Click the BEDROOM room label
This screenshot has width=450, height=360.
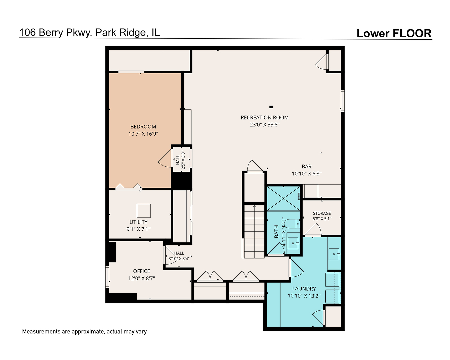[x=143, y=127]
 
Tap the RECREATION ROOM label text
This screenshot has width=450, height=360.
[x=265, y=118]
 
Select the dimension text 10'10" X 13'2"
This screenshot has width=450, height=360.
[x=304, y=296]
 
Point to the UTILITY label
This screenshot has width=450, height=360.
[x=138, y=222]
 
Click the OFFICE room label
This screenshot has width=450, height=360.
[x=142, y=271]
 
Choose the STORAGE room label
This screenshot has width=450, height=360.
[x=322, y=213]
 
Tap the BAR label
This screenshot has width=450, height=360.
[x=307, y=167]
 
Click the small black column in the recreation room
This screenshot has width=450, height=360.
[x=271, y=107]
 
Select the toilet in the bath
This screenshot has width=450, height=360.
[x=292, y=223]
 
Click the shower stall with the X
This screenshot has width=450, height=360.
[x=284, y=199]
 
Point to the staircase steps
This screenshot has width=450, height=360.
[x=254, y=231]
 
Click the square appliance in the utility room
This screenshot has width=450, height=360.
[x=144, y=211]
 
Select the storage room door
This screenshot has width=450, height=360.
[x=313, y=230]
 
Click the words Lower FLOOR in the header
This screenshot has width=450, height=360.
[x=394, y=33]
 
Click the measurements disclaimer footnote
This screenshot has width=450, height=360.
[x=84, y=332]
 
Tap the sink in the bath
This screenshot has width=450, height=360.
[x=293, y=243]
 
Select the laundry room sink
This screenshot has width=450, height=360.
[x=334, y=254]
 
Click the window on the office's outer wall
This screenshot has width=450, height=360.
[x=107, y=277]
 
